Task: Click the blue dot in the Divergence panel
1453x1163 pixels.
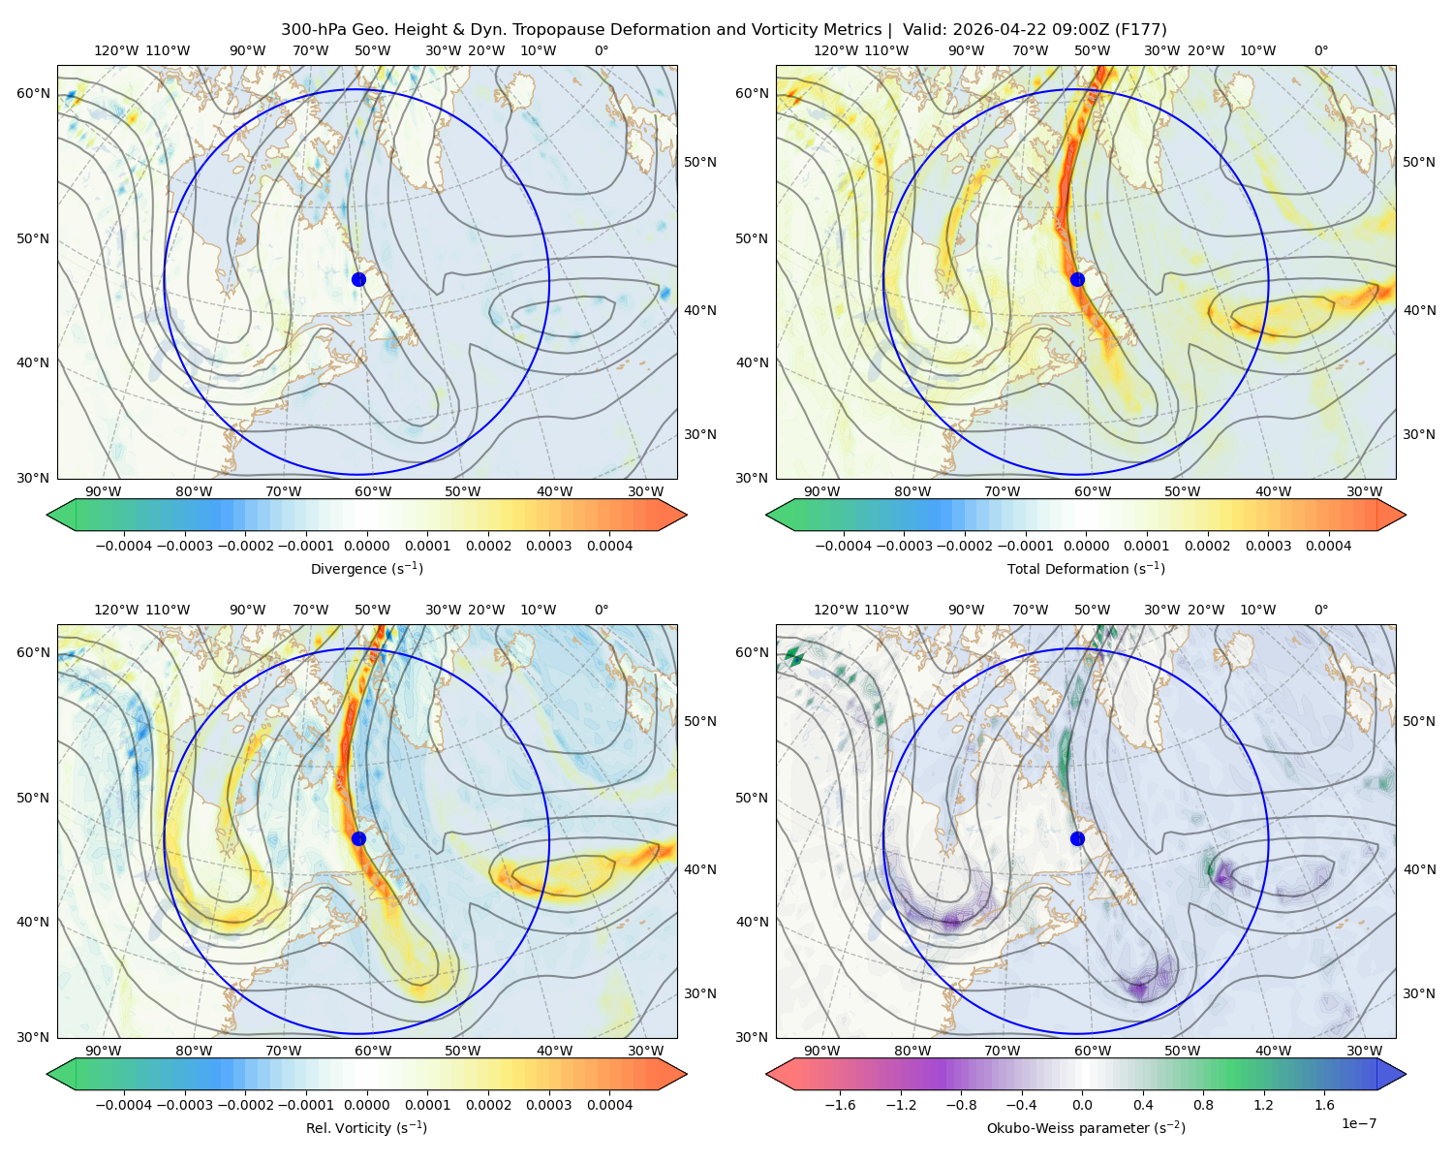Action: click(x=358, y=279)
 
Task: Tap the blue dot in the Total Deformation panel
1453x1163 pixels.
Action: click(x=1077, y=279)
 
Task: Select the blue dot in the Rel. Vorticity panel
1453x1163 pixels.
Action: click(x=358, y=838)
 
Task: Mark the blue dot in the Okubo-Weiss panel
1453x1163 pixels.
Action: click(x=1077, y=838)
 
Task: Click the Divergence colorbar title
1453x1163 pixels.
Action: click(x=366, y=568)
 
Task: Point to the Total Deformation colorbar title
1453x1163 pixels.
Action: click(x=1086, y=568)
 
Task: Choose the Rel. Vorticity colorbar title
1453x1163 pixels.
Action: click(x=366, y=1127)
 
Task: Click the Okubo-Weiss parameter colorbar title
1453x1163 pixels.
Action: click(x=1086, y=1127)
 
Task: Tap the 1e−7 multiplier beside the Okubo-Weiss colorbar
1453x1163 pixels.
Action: click(x=1358, y=1123)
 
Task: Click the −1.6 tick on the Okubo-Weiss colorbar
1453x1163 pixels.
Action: click(x=840, y=1104)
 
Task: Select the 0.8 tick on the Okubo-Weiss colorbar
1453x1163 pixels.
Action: click(x=1203, y=1104)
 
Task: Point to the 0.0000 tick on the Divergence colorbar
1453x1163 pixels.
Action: click(x=366, y=546)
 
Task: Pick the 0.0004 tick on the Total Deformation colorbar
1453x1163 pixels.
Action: click(x=1328, y=546)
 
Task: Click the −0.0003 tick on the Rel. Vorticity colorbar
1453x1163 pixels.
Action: click(x=184, y=1104)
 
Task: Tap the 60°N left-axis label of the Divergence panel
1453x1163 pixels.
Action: click(x=33, y=93)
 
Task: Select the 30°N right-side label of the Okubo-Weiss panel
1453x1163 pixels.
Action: click(x=1418, y=992)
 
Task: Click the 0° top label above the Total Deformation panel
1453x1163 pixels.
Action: click(x=1320, y=50)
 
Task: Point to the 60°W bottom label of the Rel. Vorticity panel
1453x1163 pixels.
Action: click(x=373, y=1051)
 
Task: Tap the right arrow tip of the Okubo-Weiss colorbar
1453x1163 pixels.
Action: click(x=1406, y=1074)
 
